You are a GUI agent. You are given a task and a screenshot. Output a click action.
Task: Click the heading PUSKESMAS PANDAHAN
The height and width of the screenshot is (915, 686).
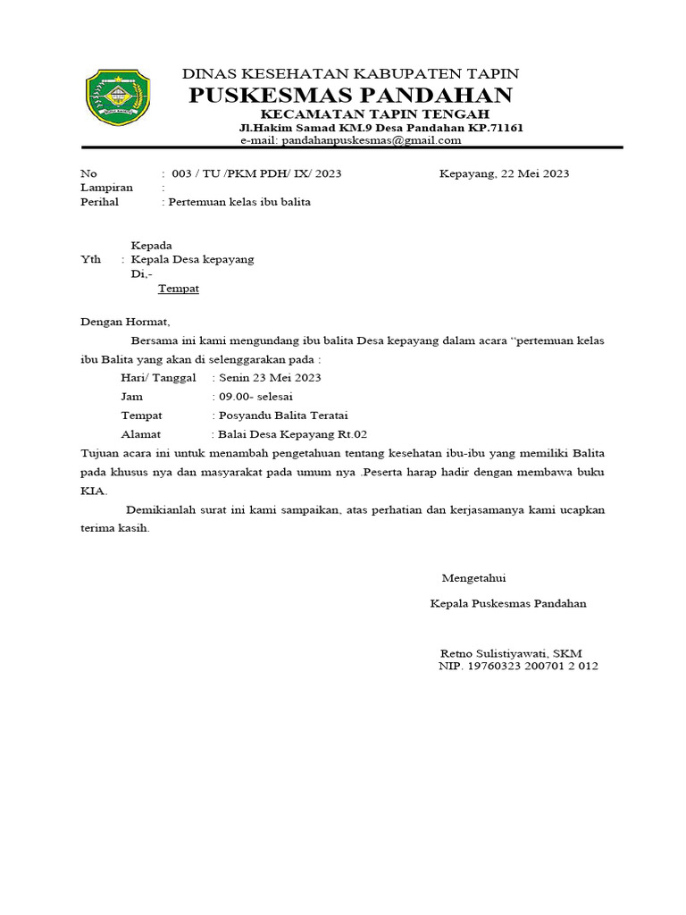point(350,96)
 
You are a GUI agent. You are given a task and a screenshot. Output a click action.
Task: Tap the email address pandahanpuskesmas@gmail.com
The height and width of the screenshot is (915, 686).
point(372,140)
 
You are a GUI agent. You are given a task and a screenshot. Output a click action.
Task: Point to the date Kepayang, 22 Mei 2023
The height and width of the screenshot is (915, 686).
point(504,173)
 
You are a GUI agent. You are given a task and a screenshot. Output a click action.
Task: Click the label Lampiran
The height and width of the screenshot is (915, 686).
point(106,188)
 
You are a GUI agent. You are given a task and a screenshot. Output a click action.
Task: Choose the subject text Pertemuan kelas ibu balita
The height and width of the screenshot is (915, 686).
point(240,202)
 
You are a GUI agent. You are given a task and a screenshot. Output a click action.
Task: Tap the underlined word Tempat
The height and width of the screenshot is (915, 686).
point(178,289)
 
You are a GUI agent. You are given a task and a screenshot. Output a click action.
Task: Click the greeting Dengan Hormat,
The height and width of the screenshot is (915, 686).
point(124,321)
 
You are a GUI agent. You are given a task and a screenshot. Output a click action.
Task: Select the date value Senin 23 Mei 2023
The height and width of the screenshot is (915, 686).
point(269,377)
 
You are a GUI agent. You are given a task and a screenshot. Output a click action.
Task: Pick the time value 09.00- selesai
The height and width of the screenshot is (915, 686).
point(255,396)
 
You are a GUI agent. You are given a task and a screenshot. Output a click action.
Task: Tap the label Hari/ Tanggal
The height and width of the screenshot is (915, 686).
point(158,377)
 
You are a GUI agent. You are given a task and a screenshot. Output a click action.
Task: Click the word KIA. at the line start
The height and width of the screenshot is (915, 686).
point(94,491)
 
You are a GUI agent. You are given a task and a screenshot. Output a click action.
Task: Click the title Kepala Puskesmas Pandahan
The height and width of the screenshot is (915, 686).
point(508,603)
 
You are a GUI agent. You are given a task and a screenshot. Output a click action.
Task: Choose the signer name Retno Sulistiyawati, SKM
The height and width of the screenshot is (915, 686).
point(511,653)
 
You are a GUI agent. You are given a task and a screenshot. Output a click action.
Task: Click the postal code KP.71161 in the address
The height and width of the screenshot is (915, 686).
point(493,128)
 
